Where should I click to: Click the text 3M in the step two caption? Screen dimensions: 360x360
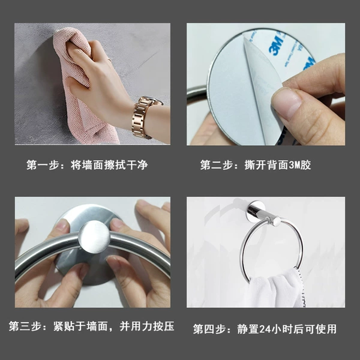[x=294, y=165]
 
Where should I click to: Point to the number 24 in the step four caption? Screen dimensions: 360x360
[x=265, y=329]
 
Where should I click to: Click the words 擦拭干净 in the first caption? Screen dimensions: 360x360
[x=126, y=165]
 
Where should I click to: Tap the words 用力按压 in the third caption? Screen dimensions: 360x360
[x=152, y=326]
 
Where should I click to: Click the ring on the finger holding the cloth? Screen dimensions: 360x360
[x=110, y=60]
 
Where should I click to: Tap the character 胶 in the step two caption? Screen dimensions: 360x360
[x=305, y=165]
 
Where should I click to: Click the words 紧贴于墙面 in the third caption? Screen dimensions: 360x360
[x=80, y=326]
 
